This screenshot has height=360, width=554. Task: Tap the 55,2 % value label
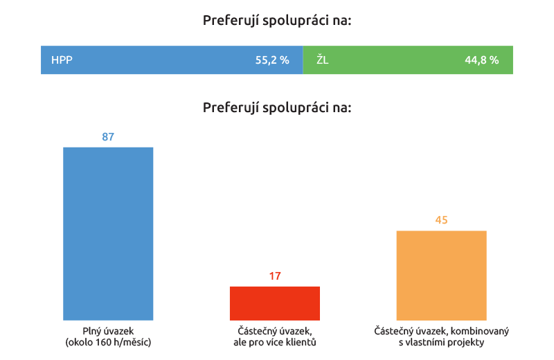[271, 60]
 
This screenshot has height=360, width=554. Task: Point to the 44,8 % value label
[481, 60]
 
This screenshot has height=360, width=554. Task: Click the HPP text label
[62, 60]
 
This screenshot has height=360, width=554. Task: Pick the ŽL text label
[323, 60]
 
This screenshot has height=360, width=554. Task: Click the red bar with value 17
[275, 303]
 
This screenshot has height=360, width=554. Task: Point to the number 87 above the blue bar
[108, 137]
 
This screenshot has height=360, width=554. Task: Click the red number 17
[275, 276]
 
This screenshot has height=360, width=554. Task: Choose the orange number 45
[441, 221]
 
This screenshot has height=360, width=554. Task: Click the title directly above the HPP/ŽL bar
[277, 21]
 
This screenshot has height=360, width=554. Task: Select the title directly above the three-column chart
[277, 108]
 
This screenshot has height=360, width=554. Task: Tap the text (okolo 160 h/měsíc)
[108, 342]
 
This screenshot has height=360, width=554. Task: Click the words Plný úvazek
[108, 331]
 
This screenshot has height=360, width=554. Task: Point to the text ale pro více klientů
[275, 342]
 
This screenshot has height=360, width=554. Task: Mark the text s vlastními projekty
[441, 342]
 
